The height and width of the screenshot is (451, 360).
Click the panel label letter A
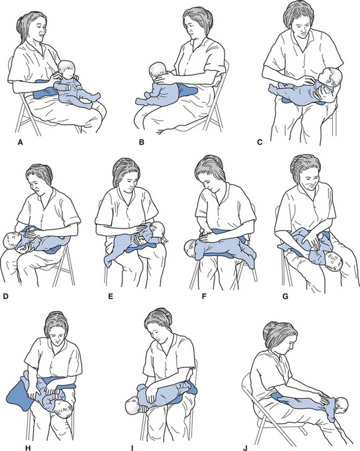20,142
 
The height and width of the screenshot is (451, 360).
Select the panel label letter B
141,142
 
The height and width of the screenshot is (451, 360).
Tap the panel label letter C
260,142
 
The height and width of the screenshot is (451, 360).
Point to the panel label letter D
5,296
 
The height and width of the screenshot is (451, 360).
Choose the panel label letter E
111,296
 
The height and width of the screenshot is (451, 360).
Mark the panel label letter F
204,296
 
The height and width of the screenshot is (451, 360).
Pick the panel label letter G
285,296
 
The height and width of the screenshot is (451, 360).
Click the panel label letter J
245,448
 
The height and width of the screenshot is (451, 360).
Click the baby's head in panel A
66,70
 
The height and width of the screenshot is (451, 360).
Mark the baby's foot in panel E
108,262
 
